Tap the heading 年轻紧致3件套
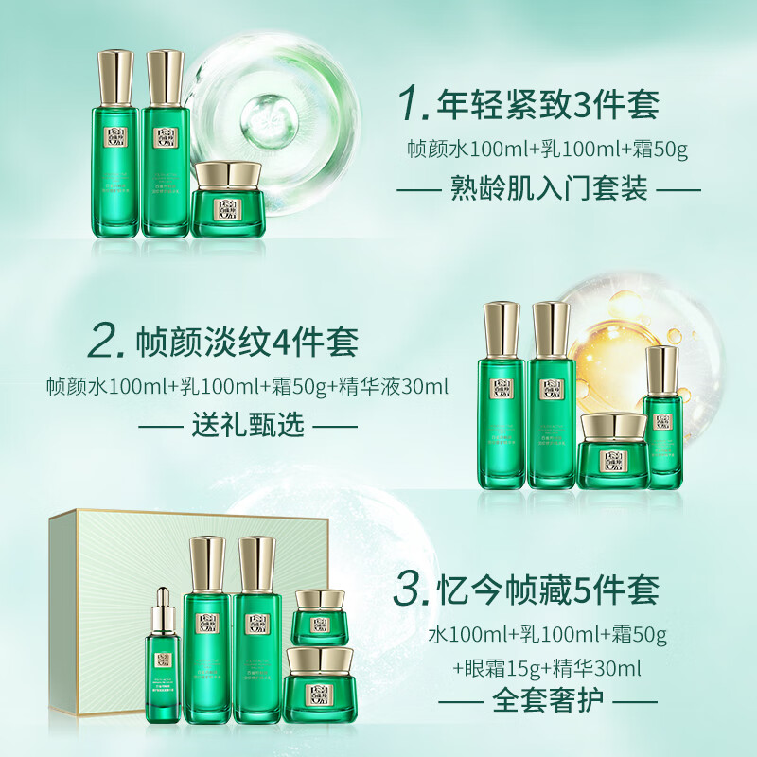tap(546, 107)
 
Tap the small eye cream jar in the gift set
tap(316, 615)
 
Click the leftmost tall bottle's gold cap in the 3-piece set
tap(117, 78)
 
